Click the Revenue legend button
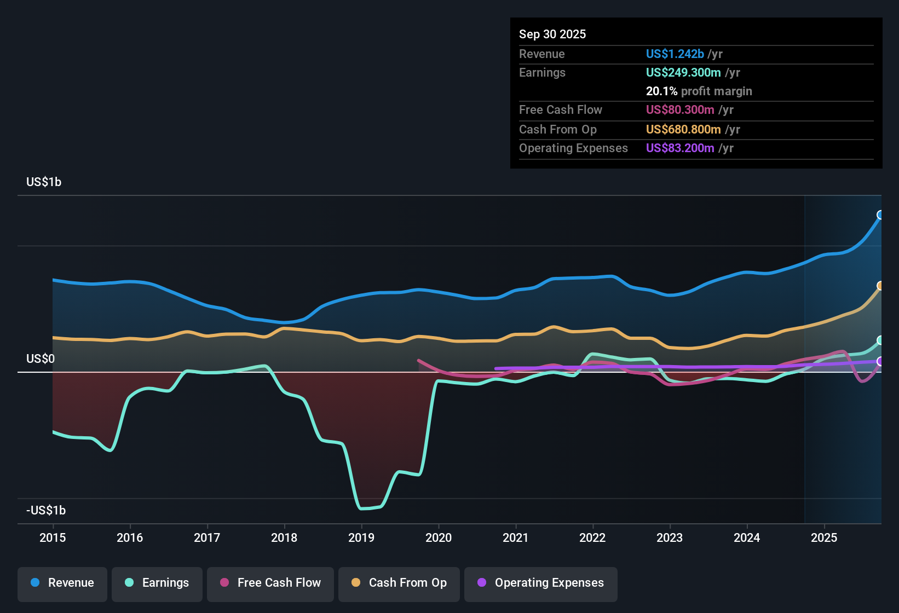pyautogui.click(x=62, y=583)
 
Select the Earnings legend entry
pyautogui.click(x=157, y=583)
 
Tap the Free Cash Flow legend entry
pyautogui.click(x=270, y=583)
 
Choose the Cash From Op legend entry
pyautogui.click(x=399, y=583)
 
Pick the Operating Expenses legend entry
pyautogui.click(x=541, y=583)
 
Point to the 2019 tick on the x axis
pyautogui.click(x=361, y=537)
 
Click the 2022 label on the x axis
pyautogui.click(x=592, y=537)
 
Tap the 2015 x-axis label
pyautogui.click(x=53, y=537)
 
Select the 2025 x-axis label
pyautogui.click(x=823, y=537)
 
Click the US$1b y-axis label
pyautogui.click(x=44, y=182)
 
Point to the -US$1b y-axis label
pyautogui.click(x=46, y=511)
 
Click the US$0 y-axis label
pyautogui.click(x=41, y=359)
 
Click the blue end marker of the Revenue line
pyautogui.click(x=880, y=215)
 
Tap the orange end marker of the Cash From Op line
pyautogui.click(x=880, y=286)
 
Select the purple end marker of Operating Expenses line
pyautogui.click(x=880, y=361)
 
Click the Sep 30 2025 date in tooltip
pyautogui.click(x=552, y=34)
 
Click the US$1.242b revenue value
pyautogui.click(x=675, y=54)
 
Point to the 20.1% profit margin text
pyautogui.click(x=699, y=91)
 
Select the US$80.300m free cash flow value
pyautogui.click(x=679, y=110)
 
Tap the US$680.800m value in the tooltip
pyautogui.click(x=683, y=130)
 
